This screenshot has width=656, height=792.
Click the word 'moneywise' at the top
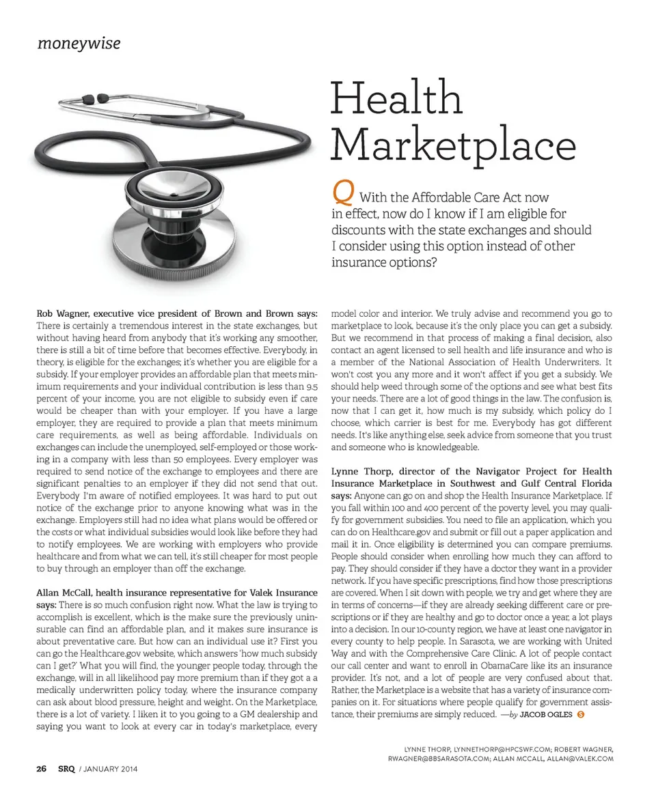pyautogui.click(x=79, y=44)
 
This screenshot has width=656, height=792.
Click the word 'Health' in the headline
pyautogui.click(x=396, y=98)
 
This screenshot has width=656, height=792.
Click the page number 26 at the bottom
pyautogui.click(x=41, y=769)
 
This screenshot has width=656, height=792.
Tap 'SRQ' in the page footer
pyautogui.click(x=66, y=769)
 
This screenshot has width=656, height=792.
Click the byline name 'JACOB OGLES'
pyautogui.click(x=546, y=715)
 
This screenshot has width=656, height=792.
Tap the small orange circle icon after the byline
pyautogui.click(x=580, y=715)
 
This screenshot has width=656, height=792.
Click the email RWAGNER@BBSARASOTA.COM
pyautogui.click(x=437, y=759)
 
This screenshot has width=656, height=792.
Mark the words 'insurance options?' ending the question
pyautogui.click(x=384, y=262)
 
